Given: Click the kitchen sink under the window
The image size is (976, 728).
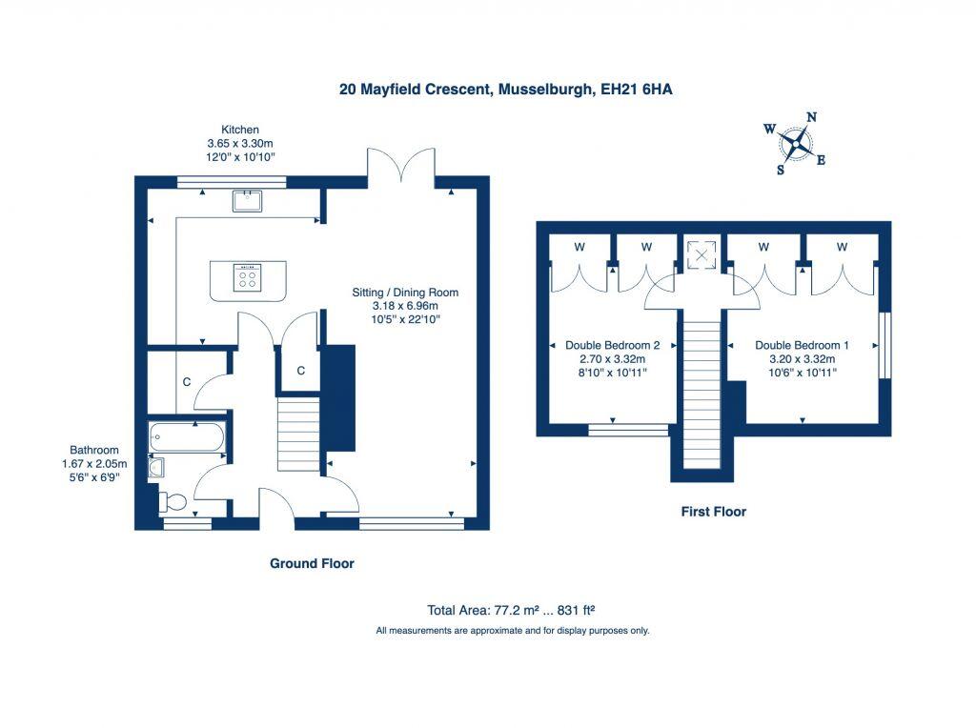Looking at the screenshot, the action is point(249,199).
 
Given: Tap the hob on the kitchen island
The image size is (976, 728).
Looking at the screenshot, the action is point(249,278).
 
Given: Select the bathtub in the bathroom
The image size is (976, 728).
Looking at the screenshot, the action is point(187,438).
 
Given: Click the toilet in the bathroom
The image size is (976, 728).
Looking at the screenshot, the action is point(173,500).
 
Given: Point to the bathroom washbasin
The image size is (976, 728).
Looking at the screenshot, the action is point(156,467).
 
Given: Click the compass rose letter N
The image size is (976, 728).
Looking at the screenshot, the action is point(811,118).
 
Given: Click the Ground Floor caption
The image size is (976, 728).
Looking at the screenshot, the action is point(312,563).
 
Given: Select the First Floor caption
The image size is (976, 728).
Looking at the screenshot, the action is point(713,512).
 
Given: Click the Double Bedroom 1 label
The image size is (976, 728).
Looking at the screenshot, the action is point(802,345).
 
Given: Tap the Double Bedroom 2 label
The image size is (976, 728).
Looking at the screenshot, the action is point(613,345).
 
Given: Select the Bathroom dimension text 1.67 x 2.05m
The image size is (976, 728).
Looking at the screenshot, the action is point(93,464).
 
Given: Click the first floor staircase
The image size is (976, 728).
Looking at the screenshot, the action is point(704,391).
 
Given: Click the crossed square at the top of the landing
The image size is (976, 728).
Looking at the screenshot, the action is point(702,254).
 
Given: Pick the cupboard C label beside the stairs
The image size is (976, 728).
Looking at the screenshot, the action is point(300,371).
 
